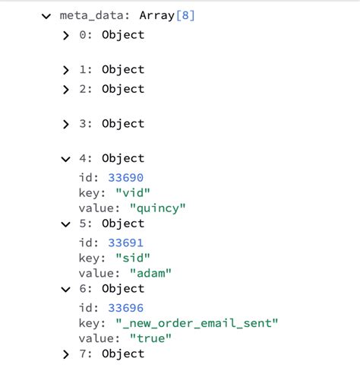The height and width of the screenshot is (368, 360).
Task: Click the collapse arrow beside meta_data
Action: tap(46, 15)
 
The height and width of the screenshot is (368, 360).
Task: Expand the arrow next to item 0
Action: tap(66, 35)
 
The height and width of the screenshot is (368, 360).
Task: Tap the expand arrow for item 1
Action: tap(66, 70)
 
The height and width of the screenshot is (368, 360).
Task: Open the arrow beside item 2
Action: tap(66, 89)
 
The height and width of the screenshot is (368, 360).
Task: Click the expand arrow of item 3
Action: tap(66, 124)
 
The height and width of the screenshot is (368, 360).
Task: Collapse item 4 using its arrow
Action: tap(66, 159)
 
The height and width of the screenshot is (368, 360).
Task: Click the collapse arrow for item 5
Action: tap(66, 224)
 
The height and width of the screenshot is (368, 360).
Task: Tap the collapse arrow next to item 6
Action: tap(66, 289)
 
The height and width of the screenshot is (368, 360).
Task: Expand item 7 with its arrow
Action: tap(66, 354)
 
